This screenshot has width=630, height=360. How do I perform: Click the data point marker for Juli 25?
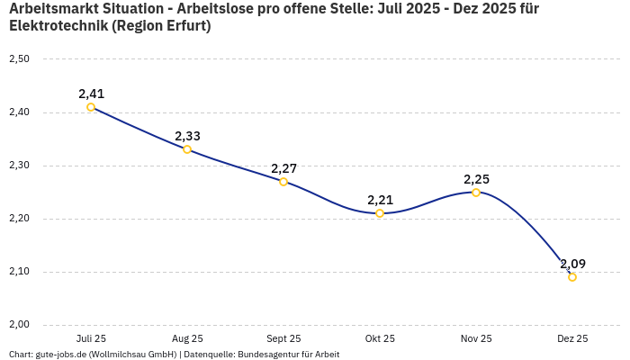pyautogui.click(x=91, y=107)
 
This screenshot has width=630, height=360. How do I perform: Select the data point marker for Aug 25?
pyautogui.click(x=187, y=149)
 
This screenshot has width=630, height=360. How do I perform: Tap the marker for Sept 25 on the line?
pyautogui.click(x=283, y=182)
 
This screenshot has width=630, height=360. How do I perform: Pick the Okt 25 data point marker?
pyautogui.click(x=380, y=213)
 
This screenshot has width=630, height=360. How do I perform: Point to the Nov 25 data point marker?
pyautogui.click(x=476, y=193)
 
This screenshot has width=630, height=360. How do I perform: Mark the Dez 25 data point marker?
pyautogui.click(x=572, y=277)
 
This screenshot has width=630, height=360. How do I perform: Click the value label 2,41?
pyautogui.click(x=91, y=94)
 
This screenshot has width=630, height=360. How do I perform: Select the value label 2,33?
pyautogui.click(x=187, y=136)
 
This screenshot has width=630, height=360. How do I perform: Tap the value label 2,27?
pyautogui.click(x=283, y=168)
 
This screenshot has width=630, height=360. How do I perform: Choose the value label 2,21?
pyautogui.click(x=380, y=200)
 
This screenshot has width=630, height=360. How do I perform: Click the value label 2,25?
pyautogui.click(x=476, y=179)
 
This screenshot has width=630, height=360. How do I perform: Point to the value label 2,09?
pyautogui.click(x=572, y=264)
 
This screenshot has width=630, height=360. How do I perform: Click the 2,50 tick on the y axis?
pyautogui.click(x=19, y=59)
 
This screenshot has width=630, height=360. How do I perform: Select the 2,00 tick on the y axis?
pyautogui.click(x=19, y=325)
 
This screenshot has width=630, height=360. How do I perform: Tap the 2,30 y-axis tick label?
pyautogui.click(x=19, y=166)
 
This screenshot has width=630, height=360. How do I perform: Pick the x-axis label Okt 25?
pyautogui.click(x=380, y=339)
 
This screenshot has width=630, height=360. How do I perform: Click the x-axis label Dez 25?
pyautogui.click(x=572, y=339)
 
